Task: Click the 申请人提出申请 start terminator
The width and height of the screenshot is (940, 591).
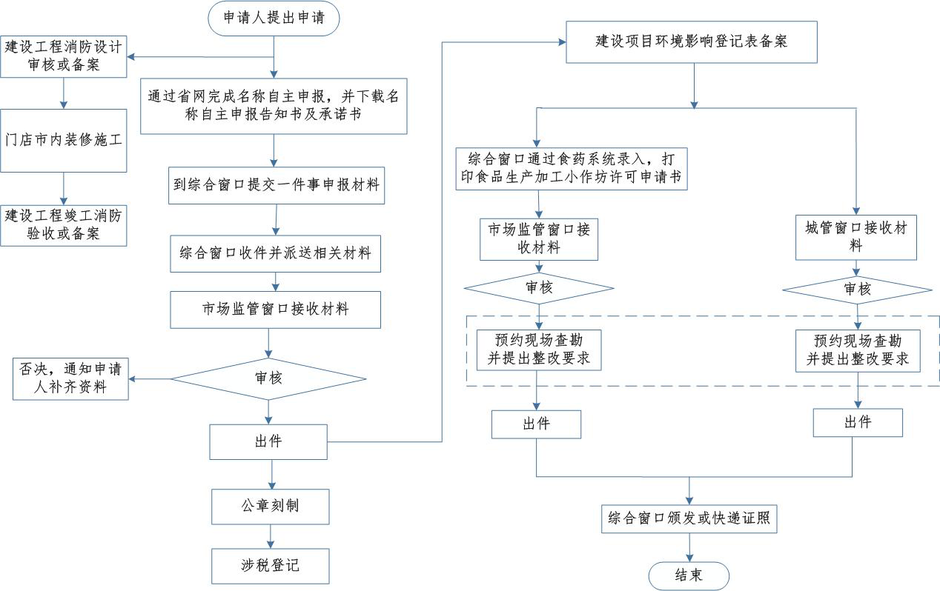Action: [x=274, y=18]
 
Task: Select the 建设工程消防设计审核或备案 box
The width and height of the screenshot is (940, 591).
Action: [x=63, y=56]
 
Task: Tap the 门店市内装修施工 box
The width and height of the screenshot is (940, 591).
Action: [x=63, y=141]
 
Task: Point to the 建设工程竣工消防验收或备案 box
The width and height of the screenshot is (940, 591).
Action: [x=63, y=225]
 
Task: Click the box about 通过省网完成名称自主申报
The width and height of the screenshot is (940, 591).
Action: [x=274, y=106]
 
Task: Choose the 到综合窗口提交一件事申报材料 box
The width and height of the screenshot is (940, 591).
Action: [x=277, y=186]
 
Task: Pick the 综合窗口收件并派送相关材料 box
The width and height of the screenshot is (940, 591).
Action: [x=275, y=253]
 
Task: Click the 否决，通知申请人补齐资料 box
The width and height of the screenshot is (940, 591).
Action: [x=70, y=379]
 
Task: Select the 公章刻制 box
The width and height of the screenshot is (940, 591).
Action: [x=271, y=507]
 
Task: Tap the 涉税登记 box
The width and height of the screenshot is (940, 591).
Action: [x=271, y=566]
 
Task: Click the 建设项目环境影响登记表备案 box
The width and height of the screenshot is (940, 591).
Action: [x=692, y=42]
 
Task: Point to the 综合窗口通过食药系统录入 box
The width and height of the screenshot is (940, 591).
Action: [x=572, y=169]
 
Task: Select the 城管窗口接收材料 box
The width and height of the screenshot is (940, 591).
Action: [x=856, y=237]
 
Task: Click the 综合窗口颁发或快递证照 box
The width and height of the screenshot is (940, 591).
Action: [x=689, y=519]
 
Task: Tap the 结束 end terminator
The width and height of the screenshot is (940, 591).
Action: [x=689, y=576]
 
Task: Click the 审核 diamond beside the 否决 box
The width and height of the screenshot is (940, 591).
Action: [x=268, y=379]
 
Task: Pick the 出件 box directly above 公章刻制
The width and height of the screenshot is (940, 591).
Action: [x=268, y=442]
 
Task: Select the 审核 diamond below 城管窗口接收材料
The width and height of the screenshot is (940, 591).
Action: [x=857, y=290]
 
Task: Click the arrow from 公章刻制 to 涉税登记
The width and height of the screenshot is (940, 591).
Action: [x=271, y=536]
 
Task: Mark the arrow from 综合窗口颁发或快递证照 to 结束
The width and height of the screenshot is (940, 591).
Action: [x=689, y=547]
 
